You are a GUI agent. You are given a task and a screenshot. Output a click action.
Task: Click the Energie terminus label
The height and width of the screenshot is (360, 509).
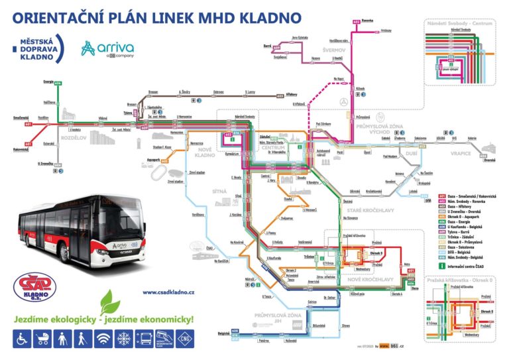tap(48, 82)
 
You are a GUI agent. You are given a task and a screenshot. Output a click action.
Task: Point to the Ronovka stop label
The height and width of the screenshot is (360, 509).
tap(368, 21)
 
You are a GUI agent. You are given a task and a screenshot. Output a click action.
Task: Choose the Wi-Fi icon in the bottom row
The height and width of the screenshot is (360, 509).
tap(103, 339)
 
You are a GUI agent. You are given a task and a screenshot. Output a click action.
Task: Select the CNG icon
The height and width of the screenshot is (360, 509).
tap(185, 339)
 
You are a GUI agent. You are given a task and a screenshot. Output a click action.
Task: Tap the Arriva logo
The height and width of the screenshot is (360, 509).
tap(107, 48)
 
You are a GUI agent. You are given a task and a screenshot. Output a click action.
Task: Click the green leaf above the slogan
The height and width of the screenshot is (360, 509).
tap(109, 302)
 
